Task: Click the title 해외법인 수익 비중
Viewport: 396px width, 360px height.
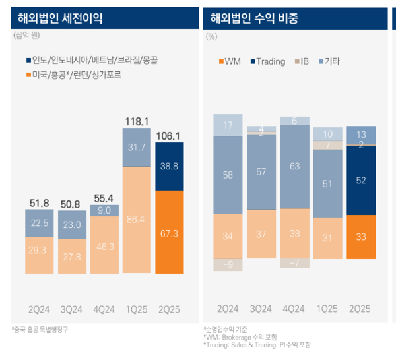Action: tap(254, 18)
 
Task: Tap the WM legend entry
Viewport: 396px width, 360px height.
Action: tap(229, 61)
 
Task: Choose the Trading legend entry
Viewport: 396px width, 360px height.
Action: tap(268, 61)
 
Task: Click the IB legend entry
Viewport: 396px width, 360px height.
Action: tap(300, 61)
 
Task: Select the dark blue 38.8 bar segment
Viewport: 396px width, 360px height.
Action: tap(170, 167)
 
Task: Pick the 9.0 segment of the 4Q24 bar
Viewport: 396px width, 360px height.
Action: tap(104, 210)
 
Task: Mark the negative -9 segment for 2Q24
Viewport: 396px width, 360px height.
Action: tap(228, 264)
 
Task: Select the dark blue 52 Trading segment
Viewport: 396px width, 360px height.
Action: tap(361, 180)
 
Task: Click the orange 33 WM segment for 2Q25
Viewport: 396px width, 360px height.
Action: tap(361, 236)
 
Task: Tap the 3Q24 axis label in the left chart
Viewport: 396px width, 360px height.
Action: tap(72, 308)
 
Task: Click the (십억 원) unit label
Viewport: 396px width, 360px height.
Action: tap(27, 36)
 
